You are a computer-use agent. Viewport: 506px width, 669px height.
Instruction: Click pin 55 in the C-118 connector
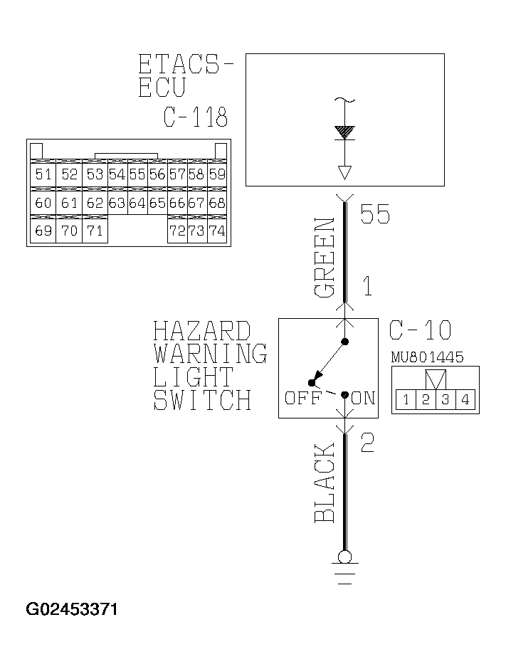click(x=137, y=174)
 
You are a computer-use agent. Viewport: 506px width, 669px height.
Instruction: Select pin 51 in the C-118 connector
click(x=43, y=174)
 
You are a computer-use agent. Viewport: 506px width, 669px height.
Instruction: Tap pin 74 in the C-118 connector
click(x=217, y=231)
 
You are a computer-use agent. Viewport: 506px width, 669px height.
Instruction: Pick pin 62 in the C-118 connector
click(x=95, y=203)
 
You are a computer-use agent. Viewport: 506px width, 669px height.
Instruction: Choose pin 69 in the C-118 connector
click(x=43, y=231)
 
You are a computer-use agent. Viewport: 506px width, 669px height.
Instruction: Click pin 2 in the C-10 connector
click(x=426, y=399)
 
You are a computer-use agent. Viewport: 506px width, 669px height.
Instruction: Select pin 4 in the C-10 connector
click(x=465, y=399)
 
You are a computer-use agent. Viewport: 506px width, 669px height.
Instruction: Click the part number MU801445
click(x=427, y=357)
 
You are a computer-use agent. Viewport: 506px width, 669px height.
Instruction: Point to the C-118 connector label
click(x=196, y=117)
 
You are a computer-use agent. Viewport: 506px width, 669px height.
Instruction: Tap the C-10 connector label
click(x=420, y=330)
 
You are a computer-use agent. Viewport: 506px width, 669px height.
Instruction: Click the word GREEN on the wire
click(x=325, y=258)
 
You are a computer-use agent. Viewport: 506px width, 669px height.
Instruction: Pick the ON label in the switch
click(x=363, y=399)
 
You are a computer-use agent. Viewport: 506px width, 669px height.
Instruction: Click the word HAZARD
click(x=202, y=332)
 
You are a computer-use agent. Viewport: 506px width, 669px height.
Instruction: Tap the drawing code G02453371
click(x=72, y=610)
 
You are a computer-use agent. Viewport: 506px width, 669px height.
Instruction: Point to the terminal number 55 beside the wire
click(x=375, y=214)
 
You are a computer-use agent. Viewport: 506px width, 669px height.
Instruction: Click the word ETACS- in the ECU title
click(x=186, y=65)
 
